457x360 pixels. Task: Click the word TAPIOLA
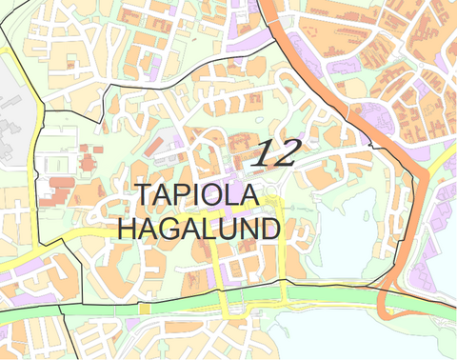click(x=197, y=193)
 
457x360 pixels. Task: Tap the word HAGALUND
click(x=198, y=229)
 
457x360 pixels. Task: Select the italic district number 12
click(x=276, y=152)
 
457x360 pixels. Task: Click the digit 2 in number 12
click(x=287, y=152)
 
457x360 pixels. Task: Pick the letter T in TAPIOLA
click(x=144, y=193)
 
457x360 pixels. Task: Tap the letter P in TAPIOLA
click(x=183, y=193)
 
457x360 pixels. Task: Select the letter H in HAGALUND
click(x=128, y=229)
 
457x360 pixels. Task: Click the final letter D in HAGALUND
click(x=270, y=229)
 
